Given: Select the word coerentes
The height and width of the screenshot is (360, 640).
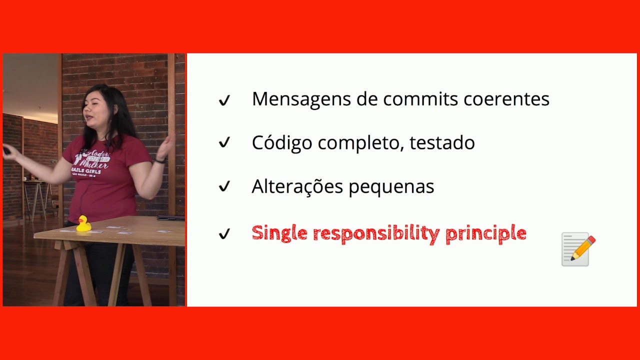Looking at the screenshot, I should pos(506,99).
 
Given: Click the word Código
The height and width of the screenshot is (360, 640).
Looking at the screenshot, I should pos(281,143).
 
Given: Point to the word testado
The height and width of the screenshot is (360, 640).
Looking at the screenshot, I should pos(442,143).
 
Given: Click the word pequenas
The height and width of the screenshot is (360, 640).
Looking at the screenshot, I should pos(391,187).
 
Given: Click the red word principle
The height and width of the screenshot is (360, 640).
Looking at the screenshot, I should pos(485,233).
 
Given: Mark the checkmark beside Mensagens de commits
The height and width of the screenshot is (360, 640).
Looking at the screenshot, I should pos(224,100).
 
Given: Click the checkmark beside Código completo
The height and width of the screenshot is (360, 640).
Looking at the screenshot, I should pos(224,143).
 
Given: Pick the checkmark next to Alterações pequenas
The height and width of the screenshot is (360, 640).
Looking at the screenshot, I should pos(224,187).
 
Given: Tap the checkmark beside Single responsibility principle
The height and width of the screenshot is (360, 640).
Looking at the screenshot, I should pos(224,233).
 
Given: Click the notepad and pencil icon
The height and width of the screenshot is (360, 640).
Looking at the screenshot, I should pos(578,248).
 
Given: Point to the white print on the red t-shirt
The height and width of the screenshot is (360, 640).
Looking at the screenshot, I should pos(93,162).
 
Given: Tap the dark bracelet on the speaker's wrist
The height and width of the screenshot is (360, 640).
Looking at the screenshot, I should pos(159,160).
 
